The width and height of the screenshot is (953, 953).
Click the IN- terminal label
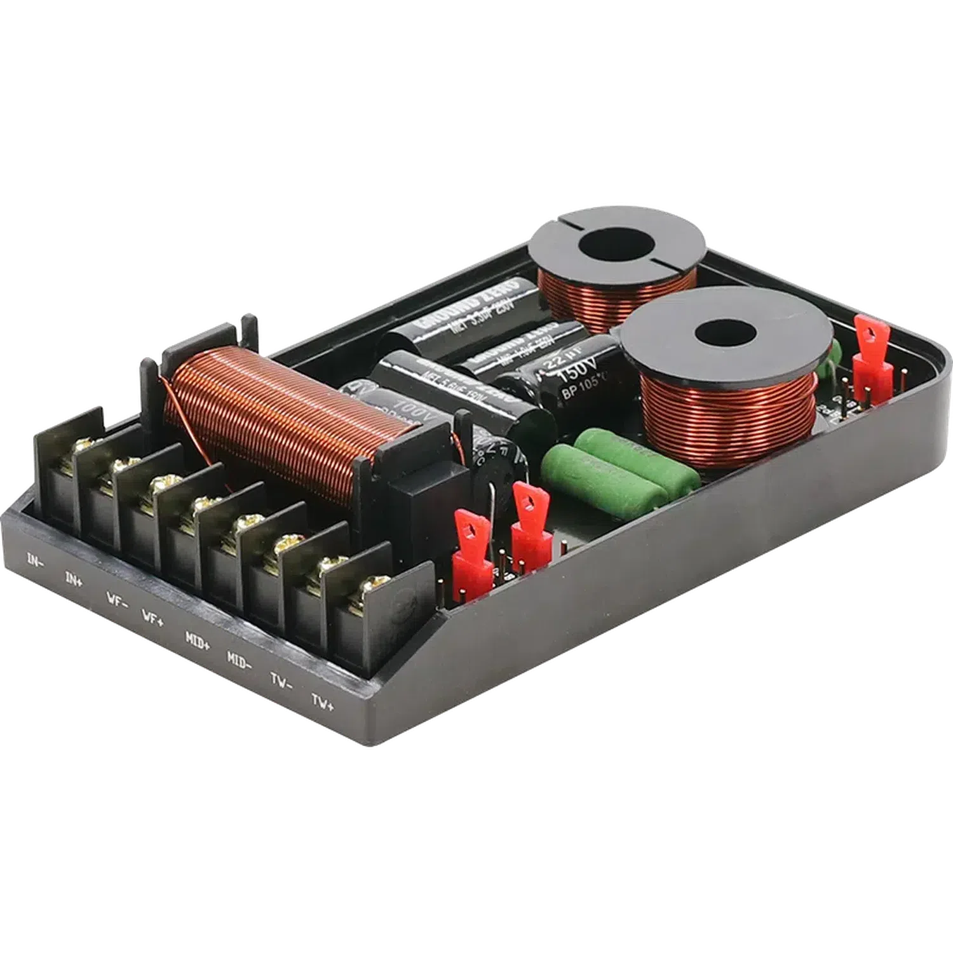coord(35,560)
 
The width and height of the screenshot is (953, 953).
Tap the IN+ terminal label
coord(74,579)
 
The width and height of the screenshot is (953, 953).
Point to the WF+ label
coord(152,618)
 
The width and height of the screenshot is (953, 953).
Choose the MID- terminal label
coord(240,659)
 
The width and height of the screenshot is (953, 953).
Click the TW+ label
coord(323,701)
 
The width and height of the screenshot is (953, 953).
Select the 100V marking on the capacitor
coord(397,407)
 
